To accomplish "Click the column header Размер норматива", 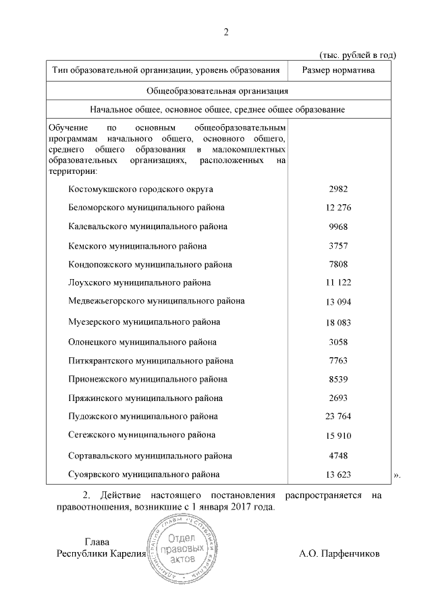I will (x=338, y=69).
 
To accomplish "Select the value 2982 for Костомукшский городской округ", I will (x=338, y=189).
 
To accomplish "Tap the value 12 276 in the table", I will (x=338, y=208).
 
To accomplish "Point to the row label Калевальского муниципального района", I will (x=148, y=226).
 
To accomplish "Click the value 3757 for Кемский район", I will (x=338, y=246).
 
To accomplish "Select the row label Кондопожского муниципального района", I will (x=151, y=264).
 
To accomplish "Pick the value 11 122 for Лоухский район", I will (x=338, y=283).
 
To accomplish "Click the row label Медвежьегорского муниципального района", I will (x=157, y=301).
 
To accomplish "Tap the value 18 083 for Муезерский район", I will (x=338, y=323).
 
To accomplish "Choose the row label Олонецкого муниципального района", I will (x=142, y=341).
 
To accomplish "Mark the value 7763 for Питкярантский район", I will (x=338, y=361).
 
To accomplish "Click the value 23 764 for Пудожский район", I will (x=338, y=417).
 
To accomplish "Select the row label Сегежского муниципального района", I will (x=142, y=435).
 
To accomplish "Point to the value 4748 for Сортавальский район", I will (x=338, y=456).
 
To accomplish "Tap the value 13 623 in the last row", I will (x=338, y=475).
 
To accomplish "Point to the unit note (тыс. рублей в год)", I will (x=356, y=55).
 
